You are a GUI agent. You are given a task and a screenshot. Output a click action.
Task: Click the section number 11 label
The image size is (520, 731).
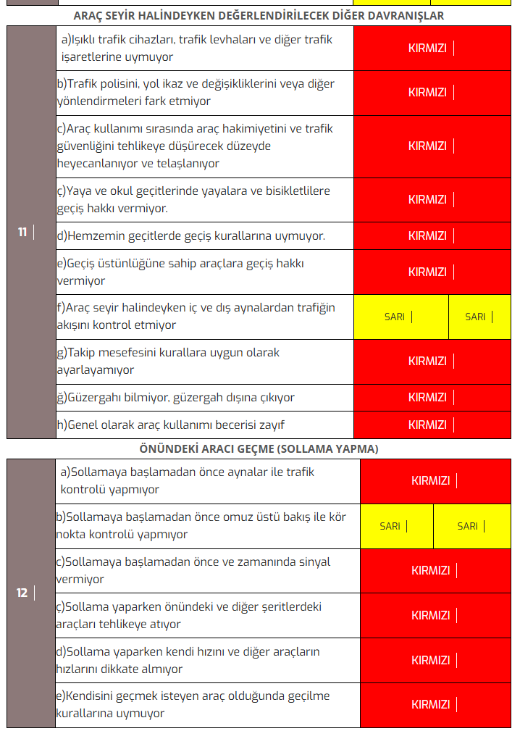(22, 233)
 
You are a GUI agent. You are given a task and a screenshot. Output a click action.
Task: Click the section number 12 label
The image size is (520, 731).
(22, 593)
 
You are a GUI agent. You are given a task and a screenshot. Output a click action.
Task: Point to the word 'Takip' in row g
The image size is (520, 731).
(83, 353)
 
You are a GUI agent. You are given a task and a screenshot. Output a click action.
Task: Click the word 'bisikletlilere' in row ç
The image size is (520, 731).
(294, 191)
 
